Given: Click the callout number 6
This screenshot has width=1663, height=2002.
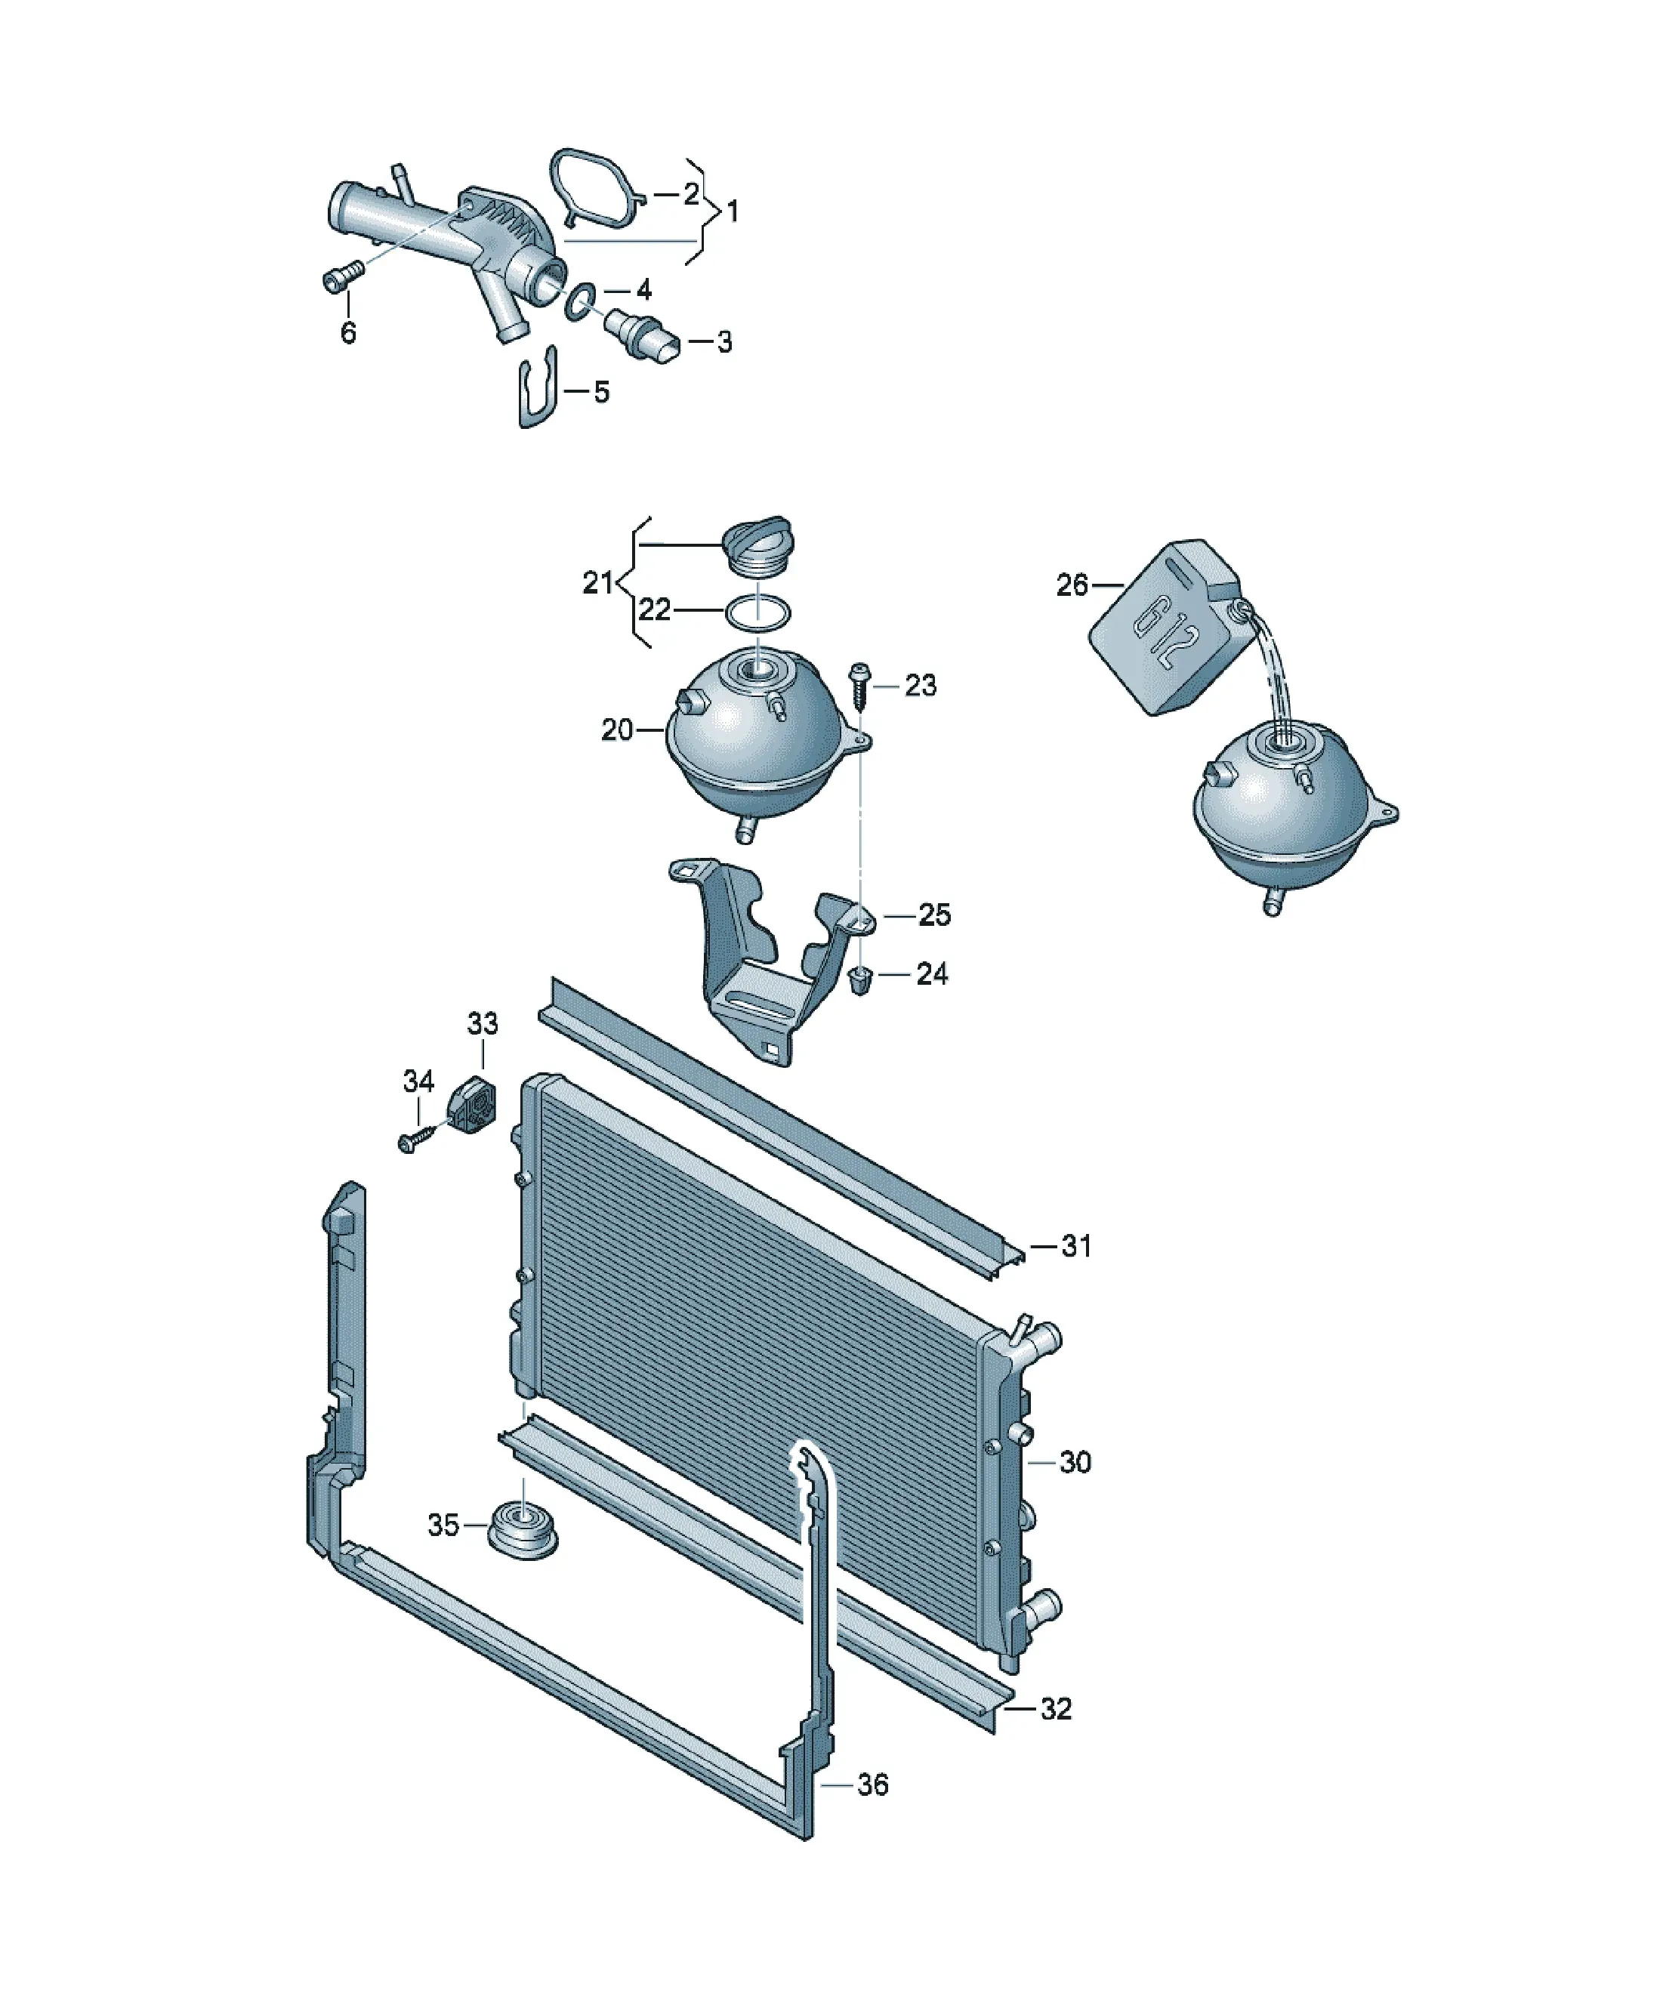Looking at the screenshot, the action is [x=348, y=333].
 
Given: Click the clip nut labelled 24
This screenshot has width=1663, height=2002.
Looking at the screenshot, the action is [x=860, y=979].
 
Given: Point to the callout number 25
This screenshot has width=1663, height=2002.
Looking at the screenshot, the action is [x=933, y=915].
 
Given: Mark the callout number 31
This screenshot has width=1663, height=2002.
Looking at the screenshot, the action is [x=1075, y=1245].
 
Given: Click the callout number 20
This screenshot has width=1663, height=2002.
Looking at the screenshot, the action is [x=617, y=730].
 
